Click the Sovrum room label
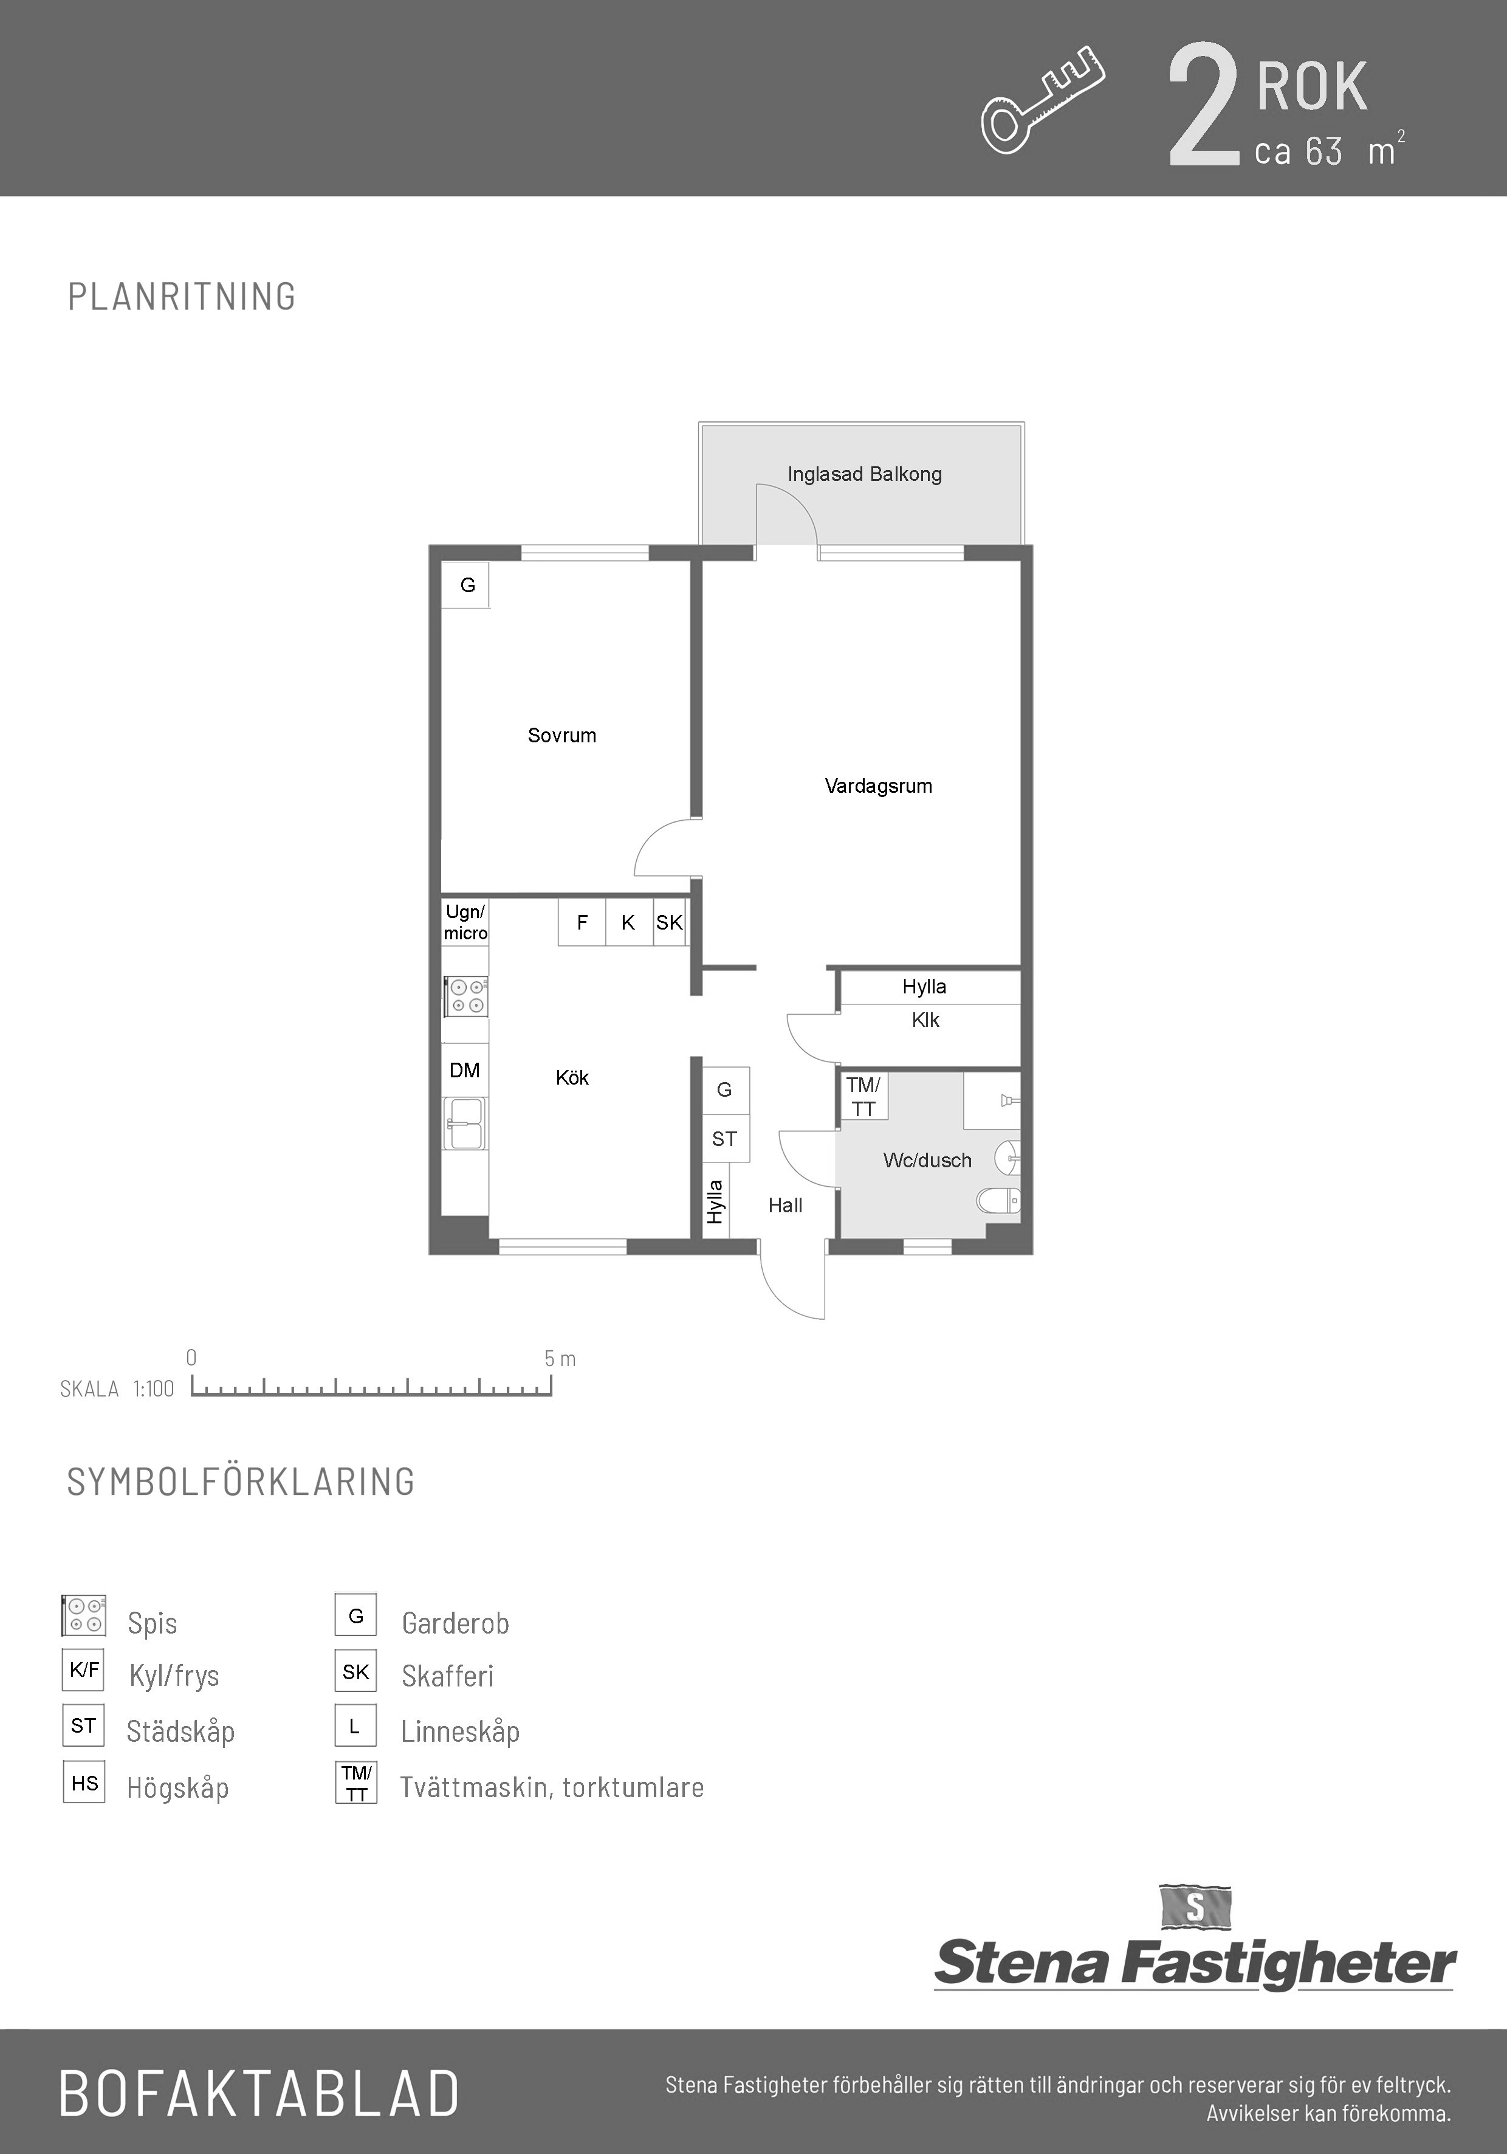(x=561, y=736)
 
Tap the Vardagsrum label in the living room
(x=879, y=786)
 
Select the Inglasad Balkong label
(x=865, y=474)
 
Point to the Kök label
(x=572, y=1077)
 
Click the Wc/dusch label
(x=927, y=1161)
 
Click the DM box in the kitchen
(x=465, y=1071)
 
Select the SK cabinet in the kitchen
(x=670, y=922)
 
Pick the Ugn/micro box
(x=465, y=922)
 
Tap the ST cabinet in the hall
(x=726, y=1139)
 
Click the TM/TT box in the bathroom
(x=863, y=1097)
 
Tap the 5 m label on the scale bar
(x=560, y=1358)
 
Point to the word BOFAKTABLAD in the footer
(x=259, y=2093)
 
